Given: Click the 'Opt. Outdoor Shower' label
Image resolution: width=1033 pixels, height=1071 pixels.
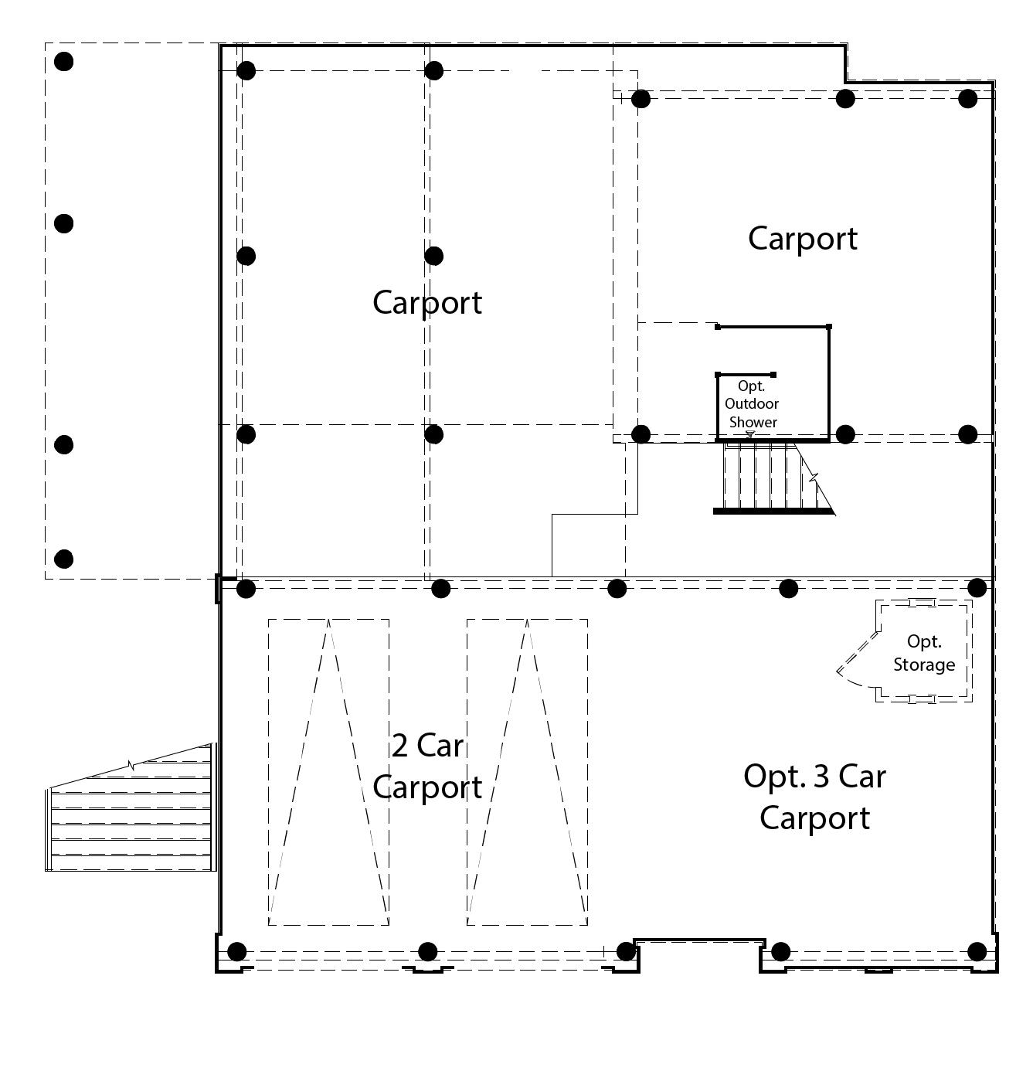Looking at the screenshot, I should (753, 404).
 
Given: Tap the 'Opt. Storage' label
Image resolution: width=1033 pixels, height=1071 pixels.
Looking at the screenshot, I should (924, 653).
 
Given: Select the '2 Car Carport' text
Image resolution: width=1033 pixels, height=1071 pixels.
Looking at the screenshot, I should (427, 767).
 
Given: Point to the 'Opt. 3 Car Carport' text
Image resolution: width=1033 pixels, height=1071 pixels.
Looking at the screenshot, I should (814, 797).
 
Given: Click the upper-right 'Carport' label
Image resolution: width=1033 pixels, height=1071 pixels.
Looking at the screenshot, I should (802, 238).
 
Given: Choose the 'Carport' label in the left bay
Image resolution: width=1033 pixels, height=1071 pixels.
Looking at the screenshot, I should (426, 302).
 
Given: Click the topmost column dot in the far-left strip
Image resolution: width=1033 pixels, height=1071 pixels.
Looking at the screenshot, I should (64, 61).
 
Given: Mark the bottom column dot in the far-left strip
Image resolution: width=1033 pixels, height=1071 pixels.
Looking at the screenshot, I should (64, 559).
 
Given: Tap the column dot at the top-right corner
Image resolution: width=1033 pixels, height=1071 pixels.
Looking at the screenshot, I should (968, 98).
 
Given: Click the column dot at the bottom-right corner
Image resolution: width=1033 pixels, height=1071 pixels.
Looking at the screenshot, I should (977, 951).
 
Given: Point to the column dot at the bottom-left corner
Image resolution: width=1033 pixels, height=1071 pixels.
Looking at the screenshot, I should (237, 951).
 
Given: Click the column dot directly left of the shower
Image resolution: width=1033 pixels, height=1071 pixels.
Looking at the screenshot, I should (641, 434).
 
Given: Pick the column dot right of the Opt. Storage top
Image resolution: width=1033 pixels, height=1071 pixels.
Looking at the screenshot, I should (977, 588).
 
